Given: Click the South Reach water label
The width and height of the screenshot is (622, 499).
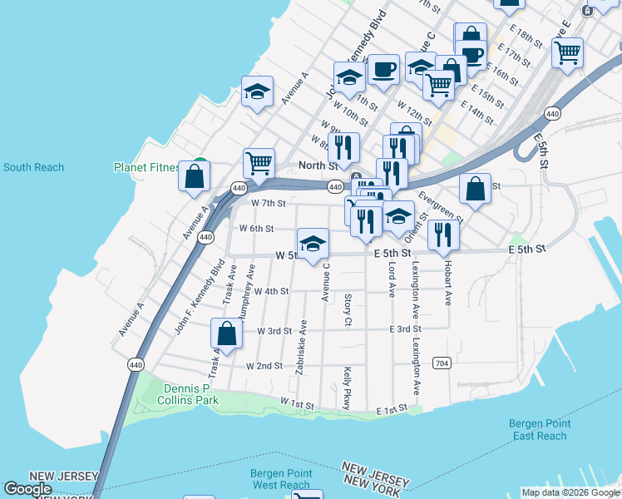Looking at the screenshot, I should (33, 167).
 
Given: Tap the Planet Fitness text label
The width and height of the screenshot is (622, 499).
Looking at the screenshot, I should (147, 167).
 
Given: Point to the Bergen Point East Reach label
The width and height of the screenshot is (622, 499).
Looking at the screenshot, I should (540, 430).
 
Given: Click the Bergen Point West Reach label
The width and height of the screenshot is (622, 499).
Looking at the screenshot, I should (281, 479).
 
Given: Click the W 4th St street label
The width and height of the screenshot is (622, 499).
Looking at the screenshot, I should (271, 291).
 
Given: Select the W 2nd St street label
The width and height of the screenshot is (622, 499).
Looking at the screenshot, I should (264, 366).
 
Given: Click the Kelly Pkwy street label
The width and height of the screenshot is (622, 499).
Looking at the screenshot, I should (347, 389).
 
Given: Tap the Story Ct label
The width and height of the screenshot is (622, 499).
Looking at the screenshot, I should (348, 309).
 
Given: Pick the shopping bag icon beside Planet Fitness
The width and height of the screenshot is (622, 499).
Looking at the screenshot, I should (194, 175).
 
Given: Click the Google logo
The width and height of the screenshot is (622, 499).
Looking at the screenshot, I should (27, 489).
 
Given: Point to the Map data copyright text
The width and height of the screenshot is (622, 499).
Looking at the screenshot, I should (570, 492).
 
